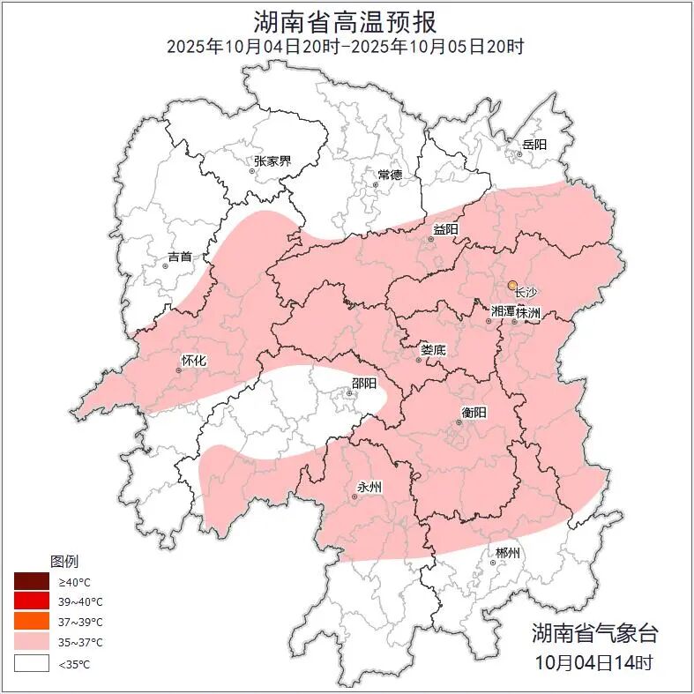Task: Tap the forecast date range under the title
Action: click(347, 46)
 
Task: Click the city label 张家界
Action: click(272, 161)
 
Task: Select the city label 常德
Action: click(390, 175)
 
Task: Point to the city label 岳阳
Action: click(534, 145)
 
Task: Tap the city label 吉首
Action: click(179, 257)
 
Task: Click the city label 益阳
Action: click(444, 230)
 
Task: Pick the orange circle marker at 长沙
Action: click(512, 285)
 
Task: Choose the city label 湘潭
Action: click(504, 312)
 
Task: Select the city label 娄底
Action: click(433, 350)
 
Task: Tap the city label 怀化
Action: click(193, 360)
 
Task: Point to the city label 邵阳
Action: click(363, 383)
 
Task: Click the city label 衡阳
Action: click(474, 413)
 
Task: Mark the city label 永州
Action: click(369, 487)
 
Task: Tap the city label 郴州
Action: click(507, 553)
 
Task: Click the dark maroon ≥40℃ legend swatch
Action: click(31, 582)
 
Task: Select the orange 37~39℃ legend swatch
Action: click(31, 623)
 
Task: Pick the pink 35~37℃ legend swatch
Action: click(31, 643)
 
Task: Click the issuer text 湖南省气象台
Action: click(593, 633)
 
